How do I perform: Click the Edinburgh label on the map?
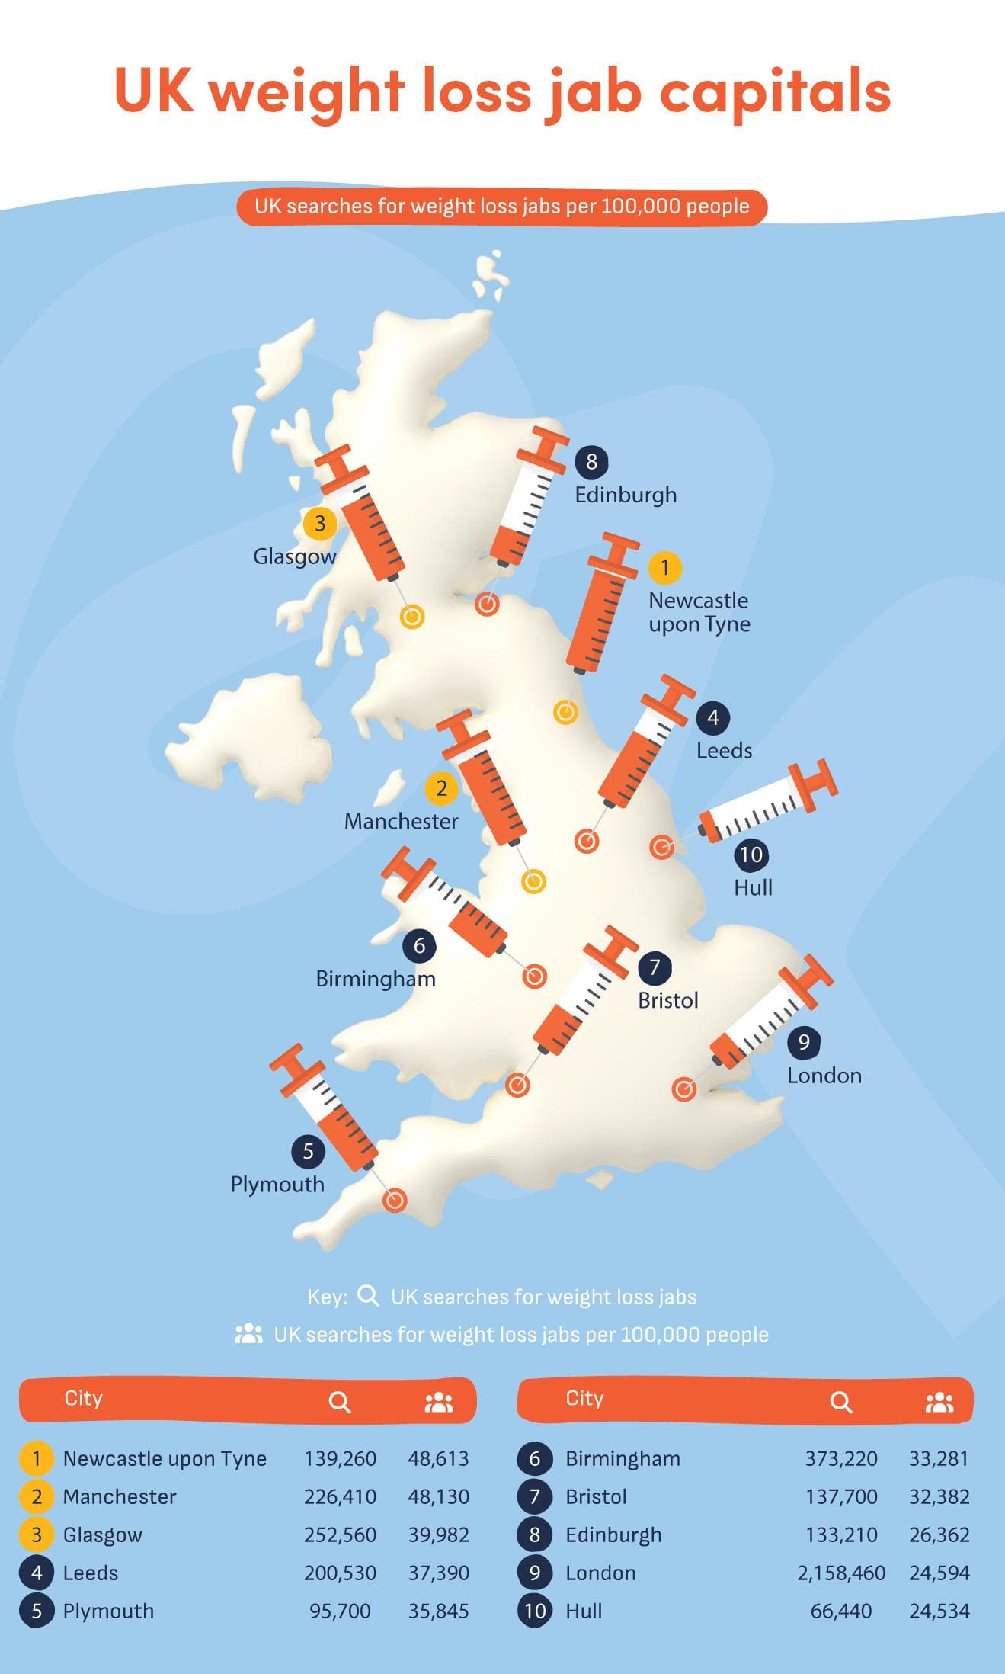[x=626, y=495]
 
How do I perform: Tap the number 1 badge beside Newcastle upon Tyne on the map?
[x=664, y=568]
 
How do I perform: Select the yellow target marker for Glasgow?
[x=412, y=617]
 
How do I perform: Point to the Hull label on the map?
[x=753, y=887]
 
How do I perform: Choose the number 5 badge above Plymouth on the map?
[x=308, y=1151]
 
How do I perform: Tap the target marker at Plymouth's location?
[x=394, y=1201]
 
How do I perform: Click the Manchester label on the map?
[x=401, y=821]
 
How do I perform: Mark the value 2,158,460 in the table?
[x=841, y=1573]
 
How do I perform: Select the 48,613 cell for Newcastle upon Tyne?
[x=438, y=1458]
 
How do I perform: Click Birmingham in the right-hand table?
[x=623, y=1458]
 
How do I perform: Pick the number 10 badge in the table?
[x=535, y=1611]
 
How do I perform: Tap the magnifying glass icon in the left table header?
[x=340, y=1403]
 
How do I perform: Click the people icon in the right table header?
[x=939, y=1403]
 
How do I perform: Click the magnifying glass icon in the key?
[x=368, y=1296]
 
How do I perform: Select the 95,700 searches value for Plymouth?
[x=340, y=1611]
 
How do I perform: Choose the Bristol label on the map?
[x=667, y=1000]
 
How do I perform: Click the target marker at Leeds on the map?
[x=586, y=842]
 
